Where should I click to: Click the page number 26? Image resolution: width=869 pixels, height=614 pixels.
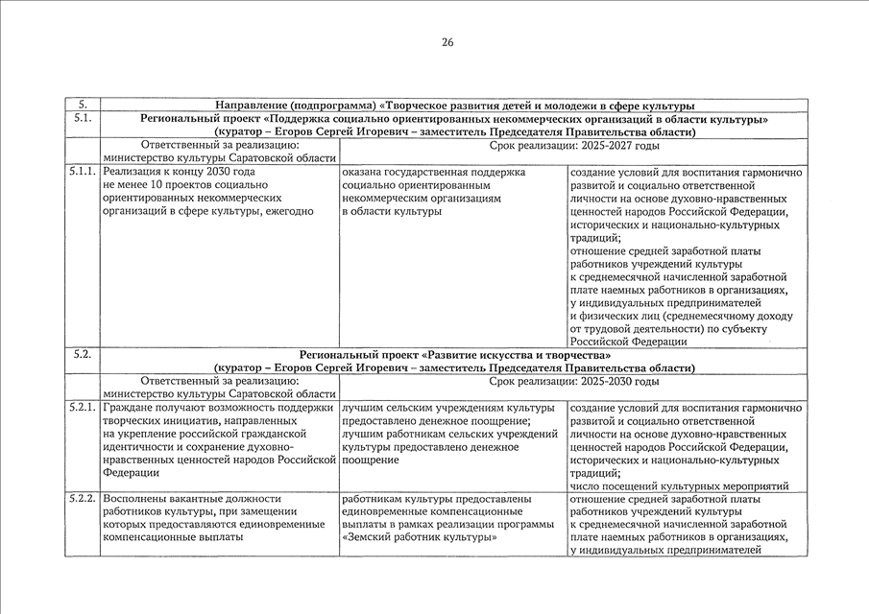pos(447,42)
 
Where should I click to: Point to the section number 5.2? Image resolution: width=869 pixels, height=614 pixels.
pos(82,355)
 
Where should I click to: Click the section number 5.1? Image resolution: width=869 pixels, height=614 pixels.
pos(82,119)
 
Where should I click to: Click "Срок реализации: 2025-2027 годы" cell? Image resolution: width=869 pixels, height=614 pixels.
pos(573,146)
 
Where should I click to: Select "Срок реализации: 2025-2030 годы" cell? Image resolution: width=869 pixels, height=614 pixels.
pos(573,382)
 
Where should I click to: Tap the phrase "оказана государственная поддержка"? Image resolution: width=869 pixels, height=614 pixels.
pos(433,173)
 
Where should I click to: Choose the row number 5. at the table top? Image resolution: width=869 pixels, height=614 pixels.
pos(82,106)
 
